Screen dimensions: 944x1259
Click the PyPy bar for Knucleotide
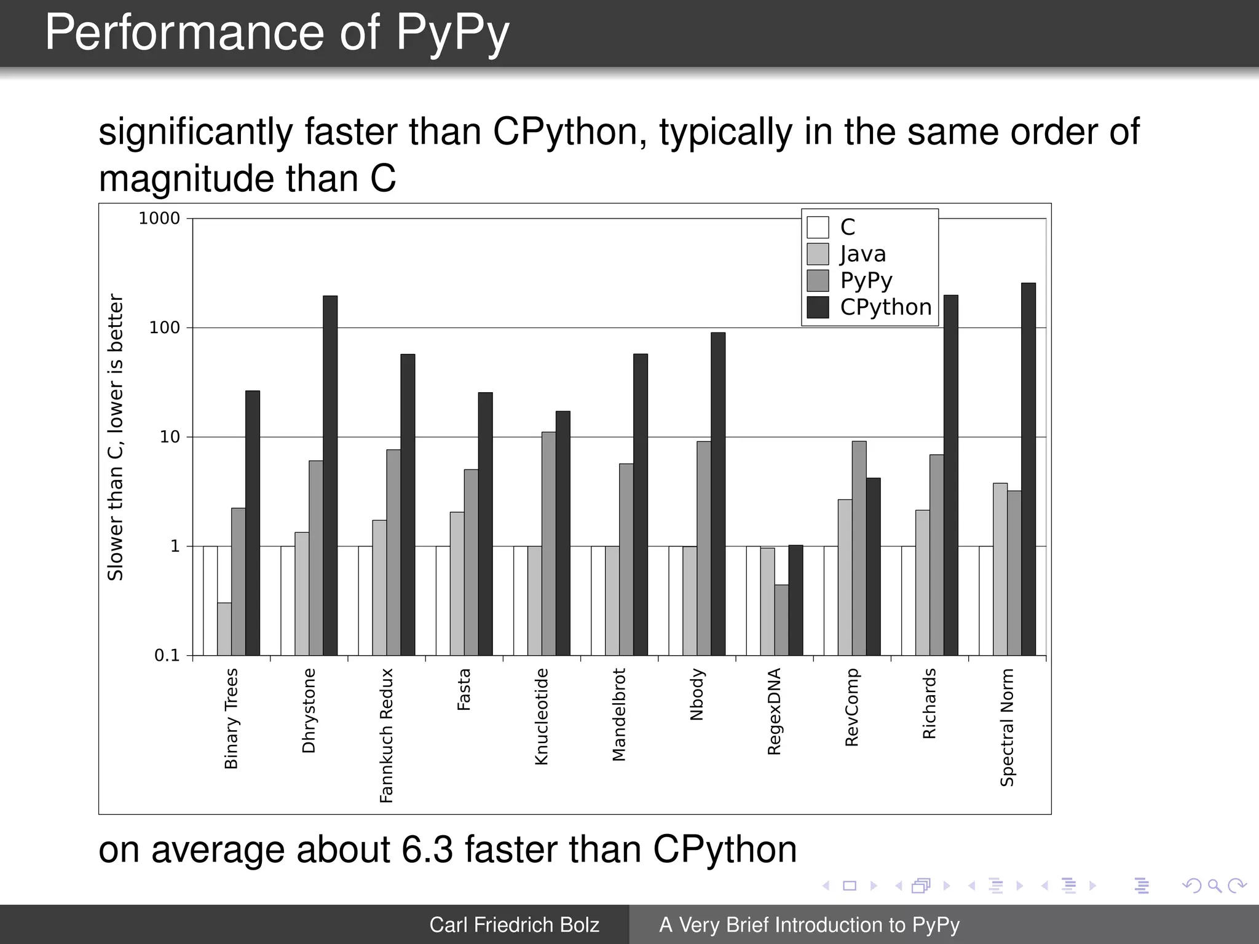click(548, 543)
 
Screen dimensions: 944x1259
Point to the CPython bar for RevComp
click(873, 566)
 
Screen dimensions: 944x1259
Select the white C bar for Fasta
click(443, 600)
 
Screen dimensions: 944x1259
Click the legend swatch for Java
click(818, 254)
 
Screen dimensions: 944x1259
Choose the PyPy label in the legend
click(866, 280)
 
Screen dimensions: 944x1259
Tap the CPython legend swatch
click(818, 307)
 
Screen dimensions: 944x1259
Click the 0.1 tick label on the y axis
click(167, 655)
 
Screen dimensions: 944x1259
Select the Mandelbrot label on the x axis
click(618, 715)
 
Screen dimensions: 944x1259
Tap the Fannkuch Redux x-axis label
click(385, 735)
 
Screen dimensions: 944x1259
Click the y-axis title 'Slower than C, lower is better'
click(116, 436)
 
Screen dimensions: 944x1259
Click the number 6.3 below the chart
click(427, 849)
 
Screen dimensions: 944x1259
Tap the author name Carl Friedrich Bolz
click(514, 924)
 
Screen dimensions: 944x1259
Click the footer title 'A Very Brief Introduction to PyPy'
click(809, 924)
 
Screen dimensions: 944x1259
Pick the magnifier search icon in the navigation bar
click(1214, 886)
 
